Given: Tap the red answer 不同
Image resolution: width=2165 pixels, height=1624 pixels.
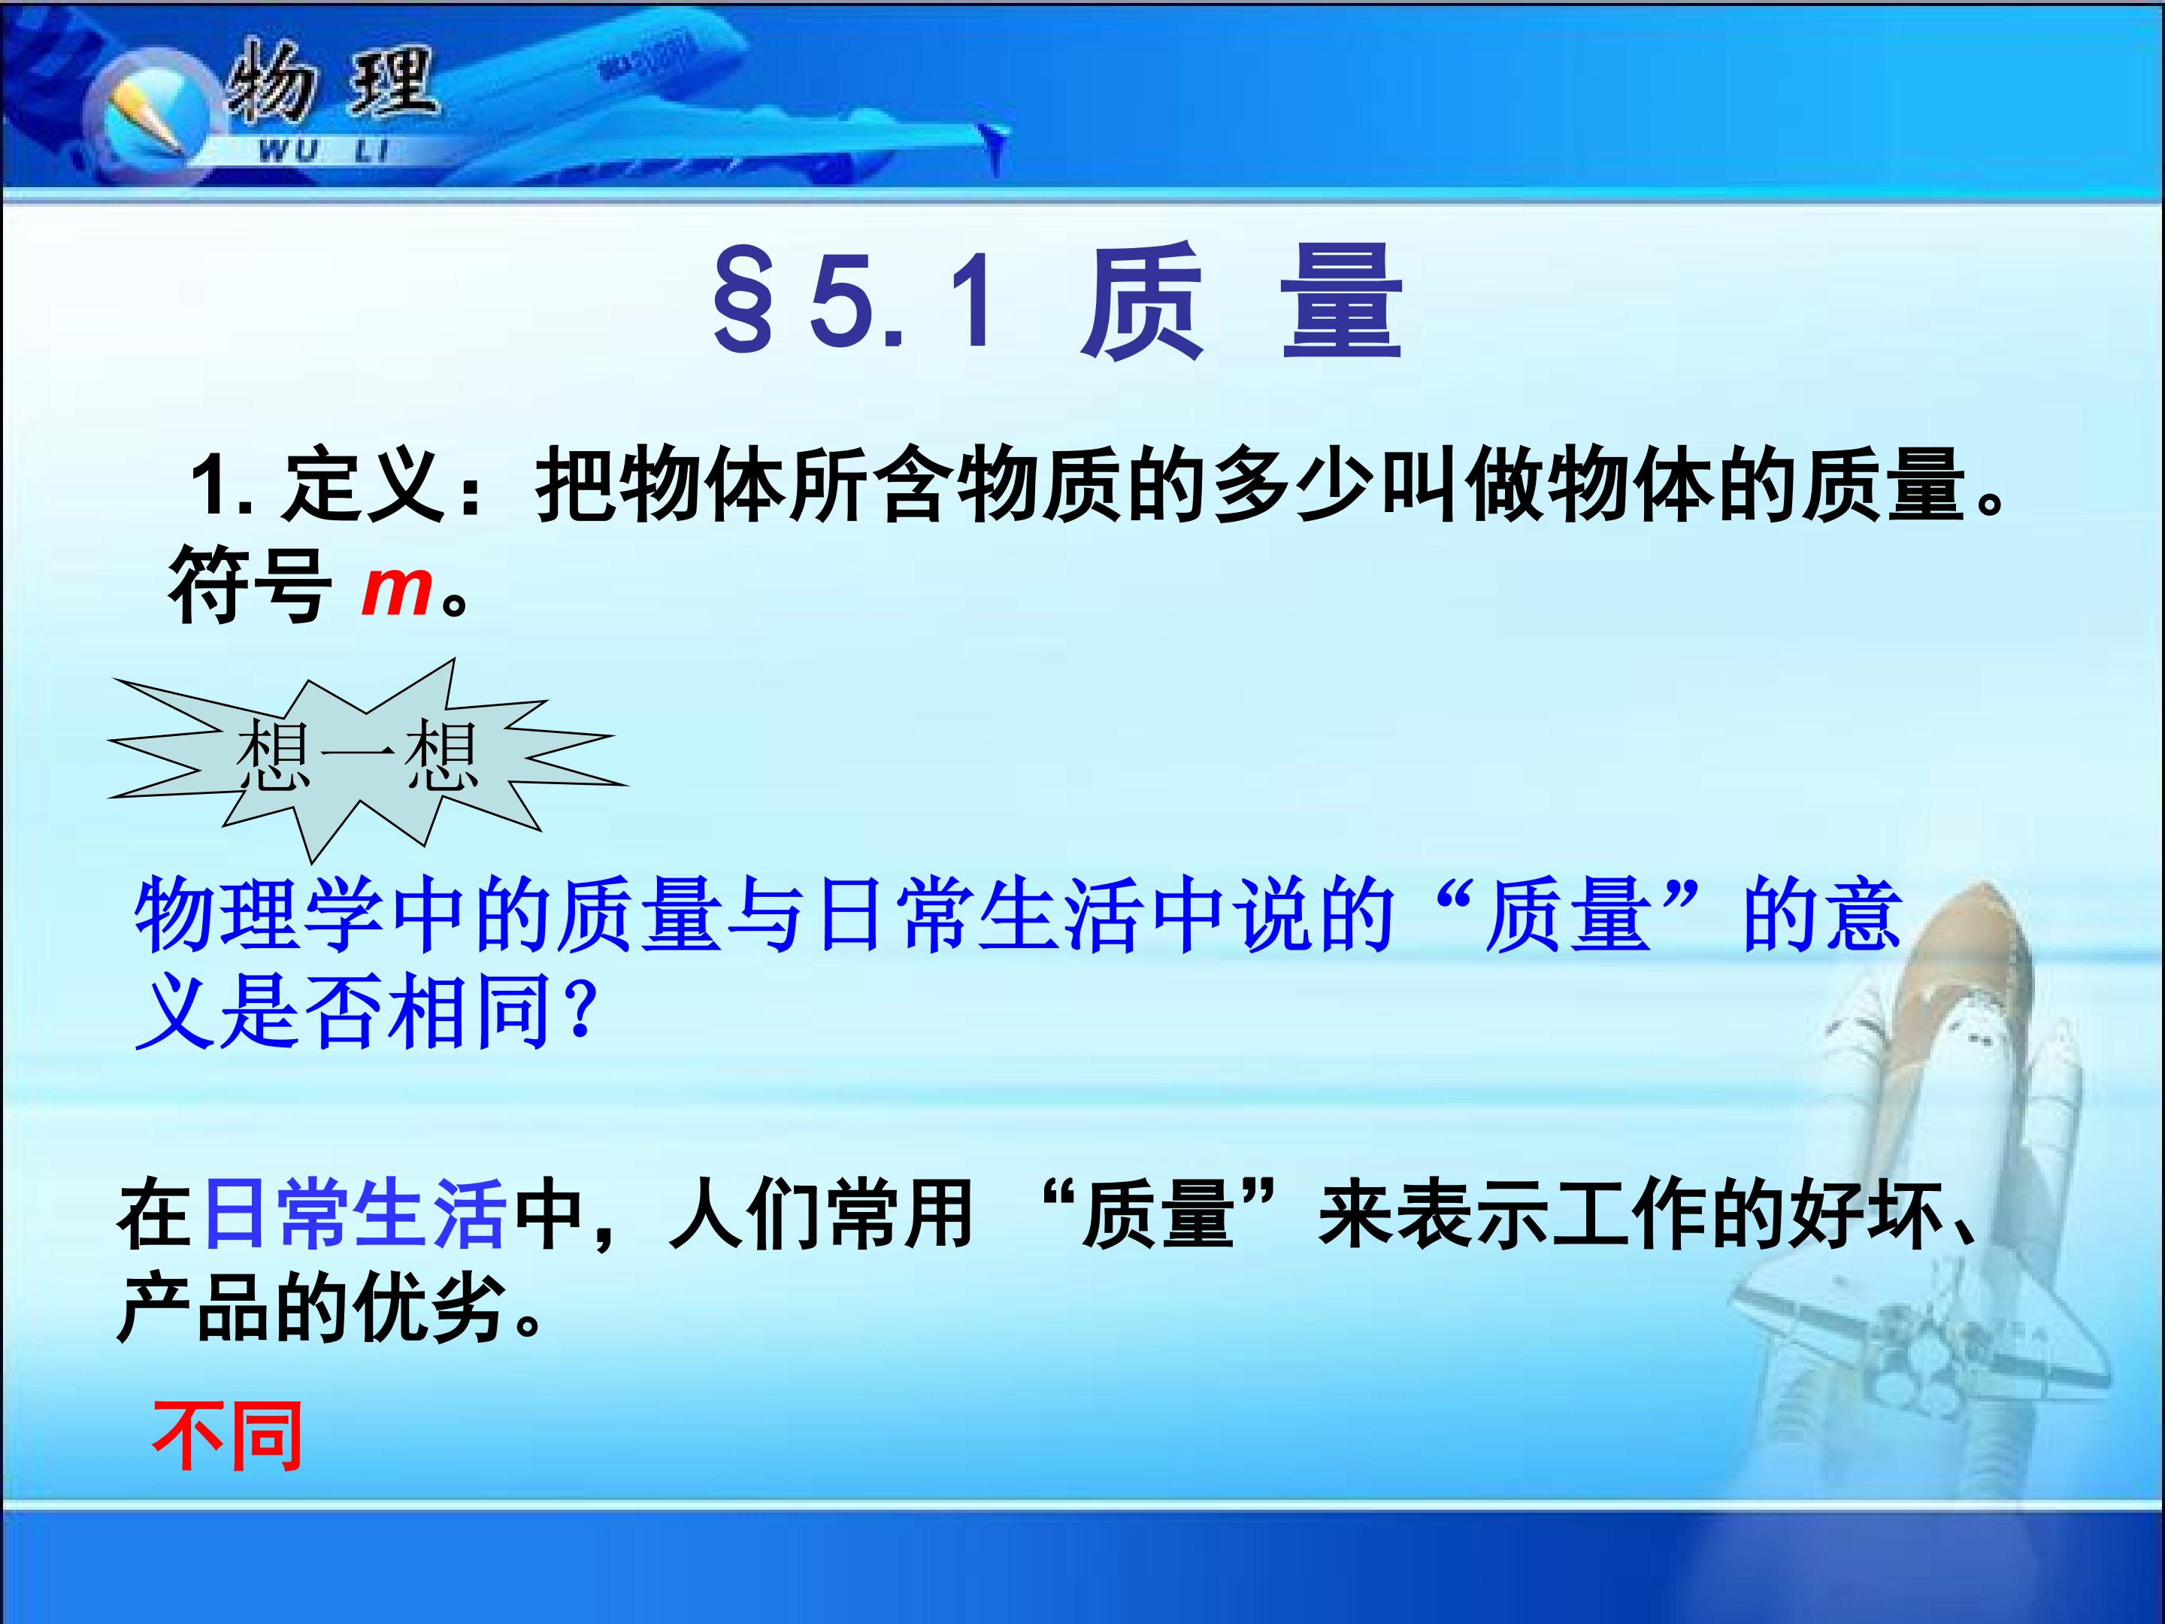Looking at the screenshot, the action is coord(227,1437).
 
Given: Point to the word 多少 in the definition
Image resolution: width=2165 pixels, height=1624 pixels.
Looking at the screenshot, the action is coord(1293,483).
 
